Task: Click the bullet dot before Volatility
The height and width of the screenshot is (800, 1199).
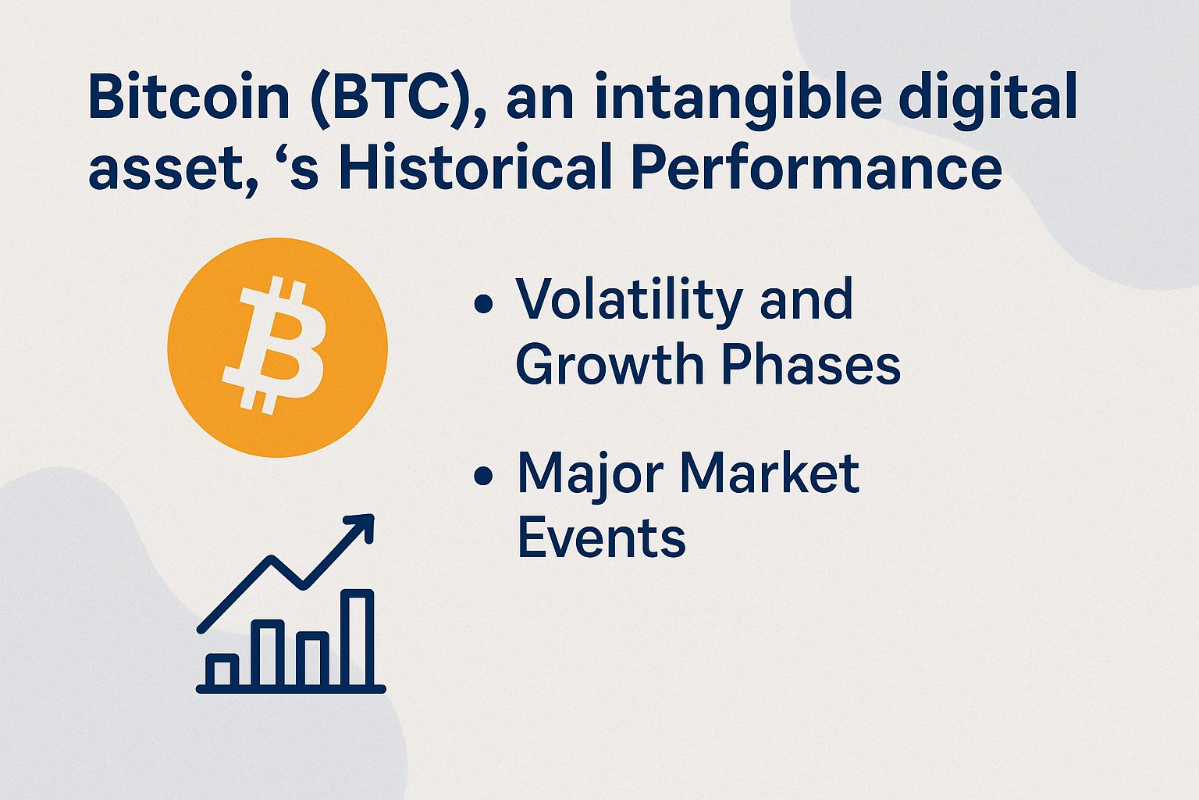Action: click(x=484, y=303)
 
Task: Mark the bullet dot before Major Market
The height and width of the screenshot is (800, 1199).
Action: click(x=484, y=475)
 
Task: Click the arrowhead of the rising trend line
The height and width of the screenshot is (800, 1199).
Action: click(x=363, y=525)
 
